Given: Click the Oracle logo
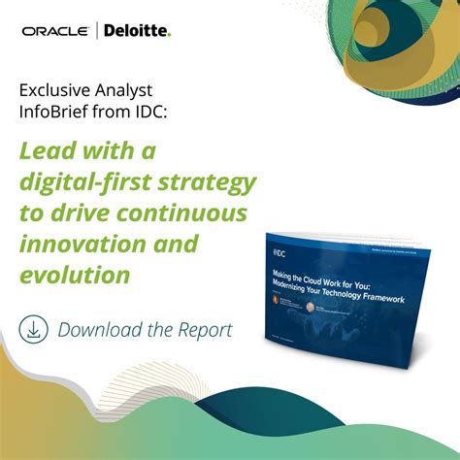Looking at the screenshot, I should click(x=57, y=32).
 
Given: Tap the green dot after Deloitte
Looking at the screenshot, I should click(x=169, y=36).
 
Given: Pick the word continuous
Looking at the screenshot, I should click(x=189, y=213).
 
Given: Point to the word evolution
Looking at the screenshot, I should click(x=75, y=275).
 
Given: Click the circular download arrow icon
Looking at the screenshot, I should click(x=35, y=329).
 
